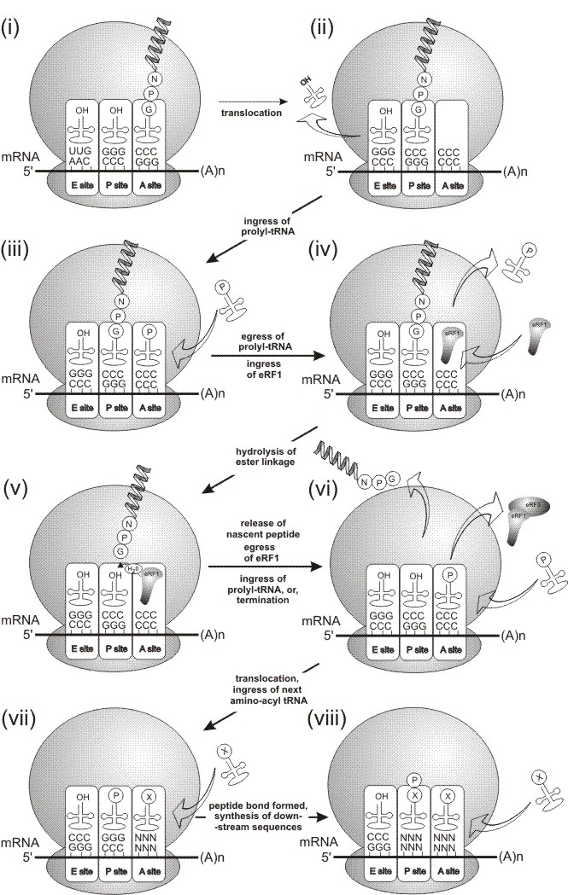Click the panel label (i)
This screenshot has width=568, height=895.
pyautogui.click(x=19, y=18)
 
